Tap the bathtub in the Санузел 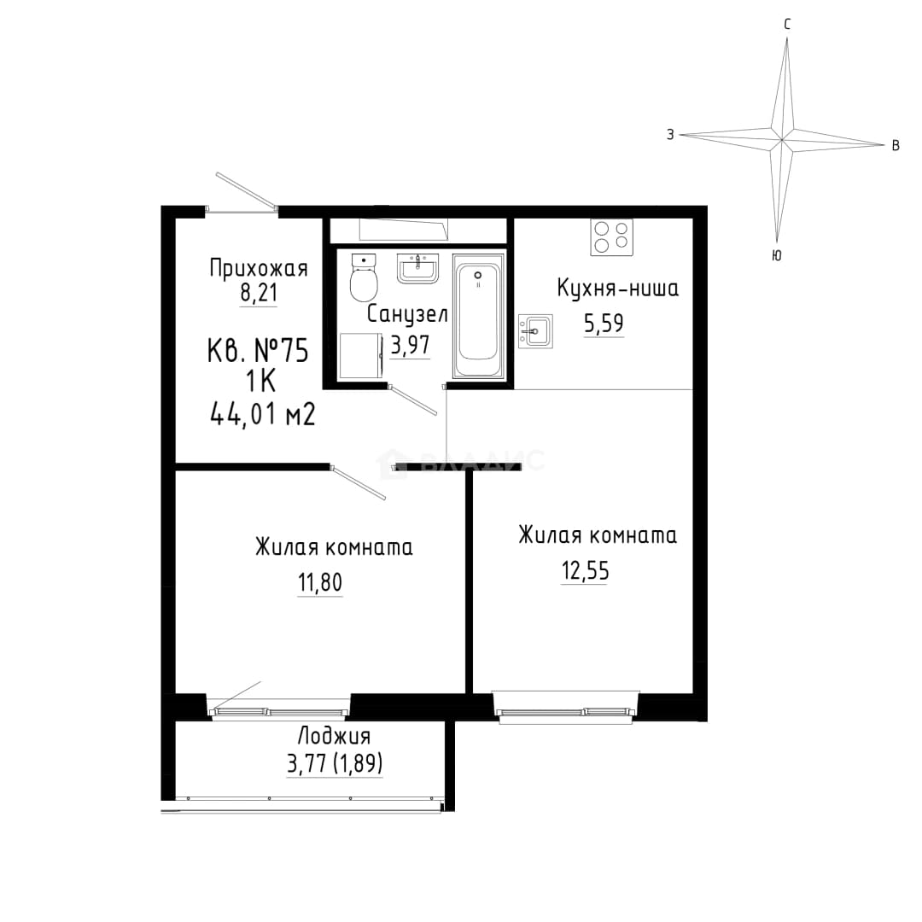pos(479,316)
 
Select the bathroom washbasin pos(418,269)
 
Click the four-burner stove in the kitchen pos(612,237)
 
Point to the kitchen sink pos(535,331)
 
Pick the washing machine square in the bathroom pos(361,356)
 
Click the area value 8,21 pos(259,292)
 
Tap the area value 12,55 pos(585,570)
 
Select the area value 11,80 pos(320,583)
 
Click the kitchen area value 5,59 pos(604,324)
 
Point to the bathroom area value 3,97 pos(411,345)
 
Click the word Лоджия pos(334,736)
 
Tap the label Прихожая pos(259,268)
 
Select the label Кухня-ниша pos(617,289)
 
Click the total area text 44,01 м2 pos(263,415)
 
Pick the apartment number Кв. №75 pos(258,351)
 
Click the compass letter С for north pos(787,24)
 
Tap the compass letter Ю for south pos(777,255)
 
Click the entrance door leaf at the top pos(247,190)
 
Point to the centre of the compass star pos(782,139)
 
